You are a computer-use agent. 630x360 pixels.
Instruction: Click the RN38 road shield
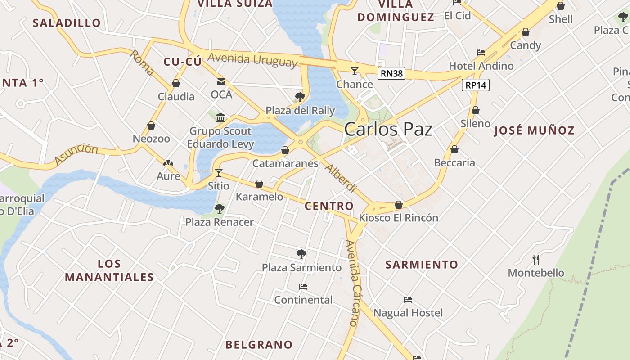[x=391, y=73]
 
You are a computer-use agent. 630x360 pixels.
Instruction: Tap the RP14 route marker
[x=476, y=85]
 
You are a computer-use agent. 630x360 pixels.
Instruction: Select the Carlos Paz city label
[x=388, y=130]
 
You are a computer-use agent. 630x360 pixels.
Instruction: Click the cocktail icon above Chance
[x=355, y=71]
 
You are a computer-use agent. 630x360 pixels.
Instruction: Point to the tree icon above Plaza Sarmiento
[x=301, y=254]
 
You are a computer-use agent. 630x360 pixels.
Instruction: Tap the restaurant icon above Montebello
[x=535, y=259]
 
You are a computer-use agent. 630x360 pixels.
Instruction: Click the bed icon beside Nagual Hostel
[x=408, y=300]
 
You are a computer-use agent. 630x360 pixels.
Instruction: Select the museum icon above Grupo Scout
[x=220, y=118]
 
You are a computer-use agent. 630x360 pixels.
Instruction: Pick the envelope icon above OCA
[x=221, y=81]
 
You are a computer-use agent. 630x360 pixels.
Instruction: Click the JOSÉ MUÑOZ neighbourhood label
[x=534, y=131]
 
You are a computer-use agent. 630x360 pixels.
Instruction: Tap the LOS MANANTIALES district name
[x=109, y=270]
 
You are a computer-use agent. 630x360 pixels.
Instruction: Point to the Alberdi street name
[x=341, y=179]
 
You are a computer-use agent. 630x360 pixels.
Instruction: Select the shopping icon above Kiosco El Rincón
[x=398, y=205]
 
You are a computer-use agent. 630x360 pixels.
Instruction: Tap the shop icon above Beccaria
[x=454, y=149]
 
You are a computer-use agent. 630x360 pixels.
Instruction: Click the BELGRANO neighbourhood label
[x=259, y=345]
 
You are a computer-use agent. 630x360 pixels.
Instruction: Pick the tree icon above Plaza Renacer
[x=220, y=208]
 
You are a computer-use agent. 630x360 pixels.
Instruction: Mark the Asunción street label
[x=76, y=154]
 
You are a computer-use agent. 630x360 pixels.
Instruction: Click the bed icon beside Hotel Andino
[x=481, y=53]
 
